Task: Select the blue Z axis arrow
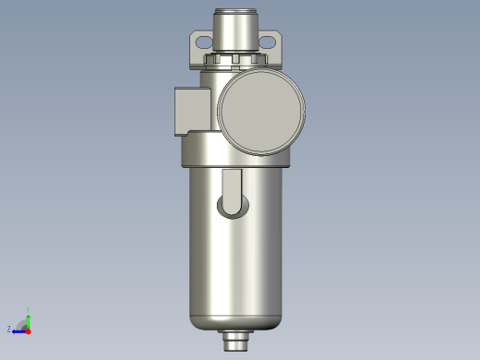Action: pos(18,329)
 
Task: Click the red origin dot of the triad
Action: pos(28,330)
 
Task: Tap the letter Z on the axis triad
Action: pos(9,330)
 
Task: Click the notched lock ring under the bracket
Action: pos(236,62)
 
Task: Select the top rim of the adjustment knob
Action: pos(236,12)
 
